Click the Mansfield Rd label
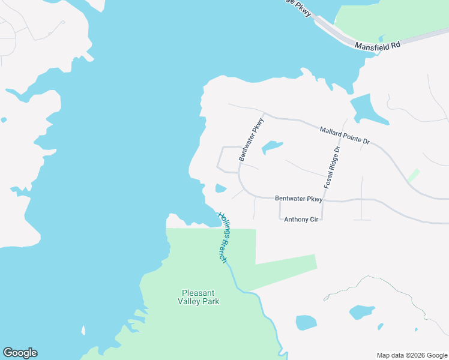pyautogui.click(x=377, y=45)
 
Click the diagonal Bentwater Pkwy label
pyautogui.click(x=251, y=139)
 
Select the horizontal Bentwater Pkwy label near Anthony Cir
pyautogui.click(x=299, y=199)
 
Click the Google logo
pyautogui.click(x=20, y=353)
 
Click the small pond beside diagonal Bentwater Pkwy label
pyautogui.click(x=272, y=146)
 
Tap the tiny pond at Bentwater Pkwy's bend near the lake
pyautogui.click(x=220, y=189)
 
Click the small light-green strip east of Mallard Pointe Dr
pyautogui.click(x=413, y=175)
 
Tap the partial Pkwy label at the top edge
pyautogui.click(x=303, y=7)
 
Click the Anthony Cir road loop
pyautogui.click(x=280, y=210)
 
